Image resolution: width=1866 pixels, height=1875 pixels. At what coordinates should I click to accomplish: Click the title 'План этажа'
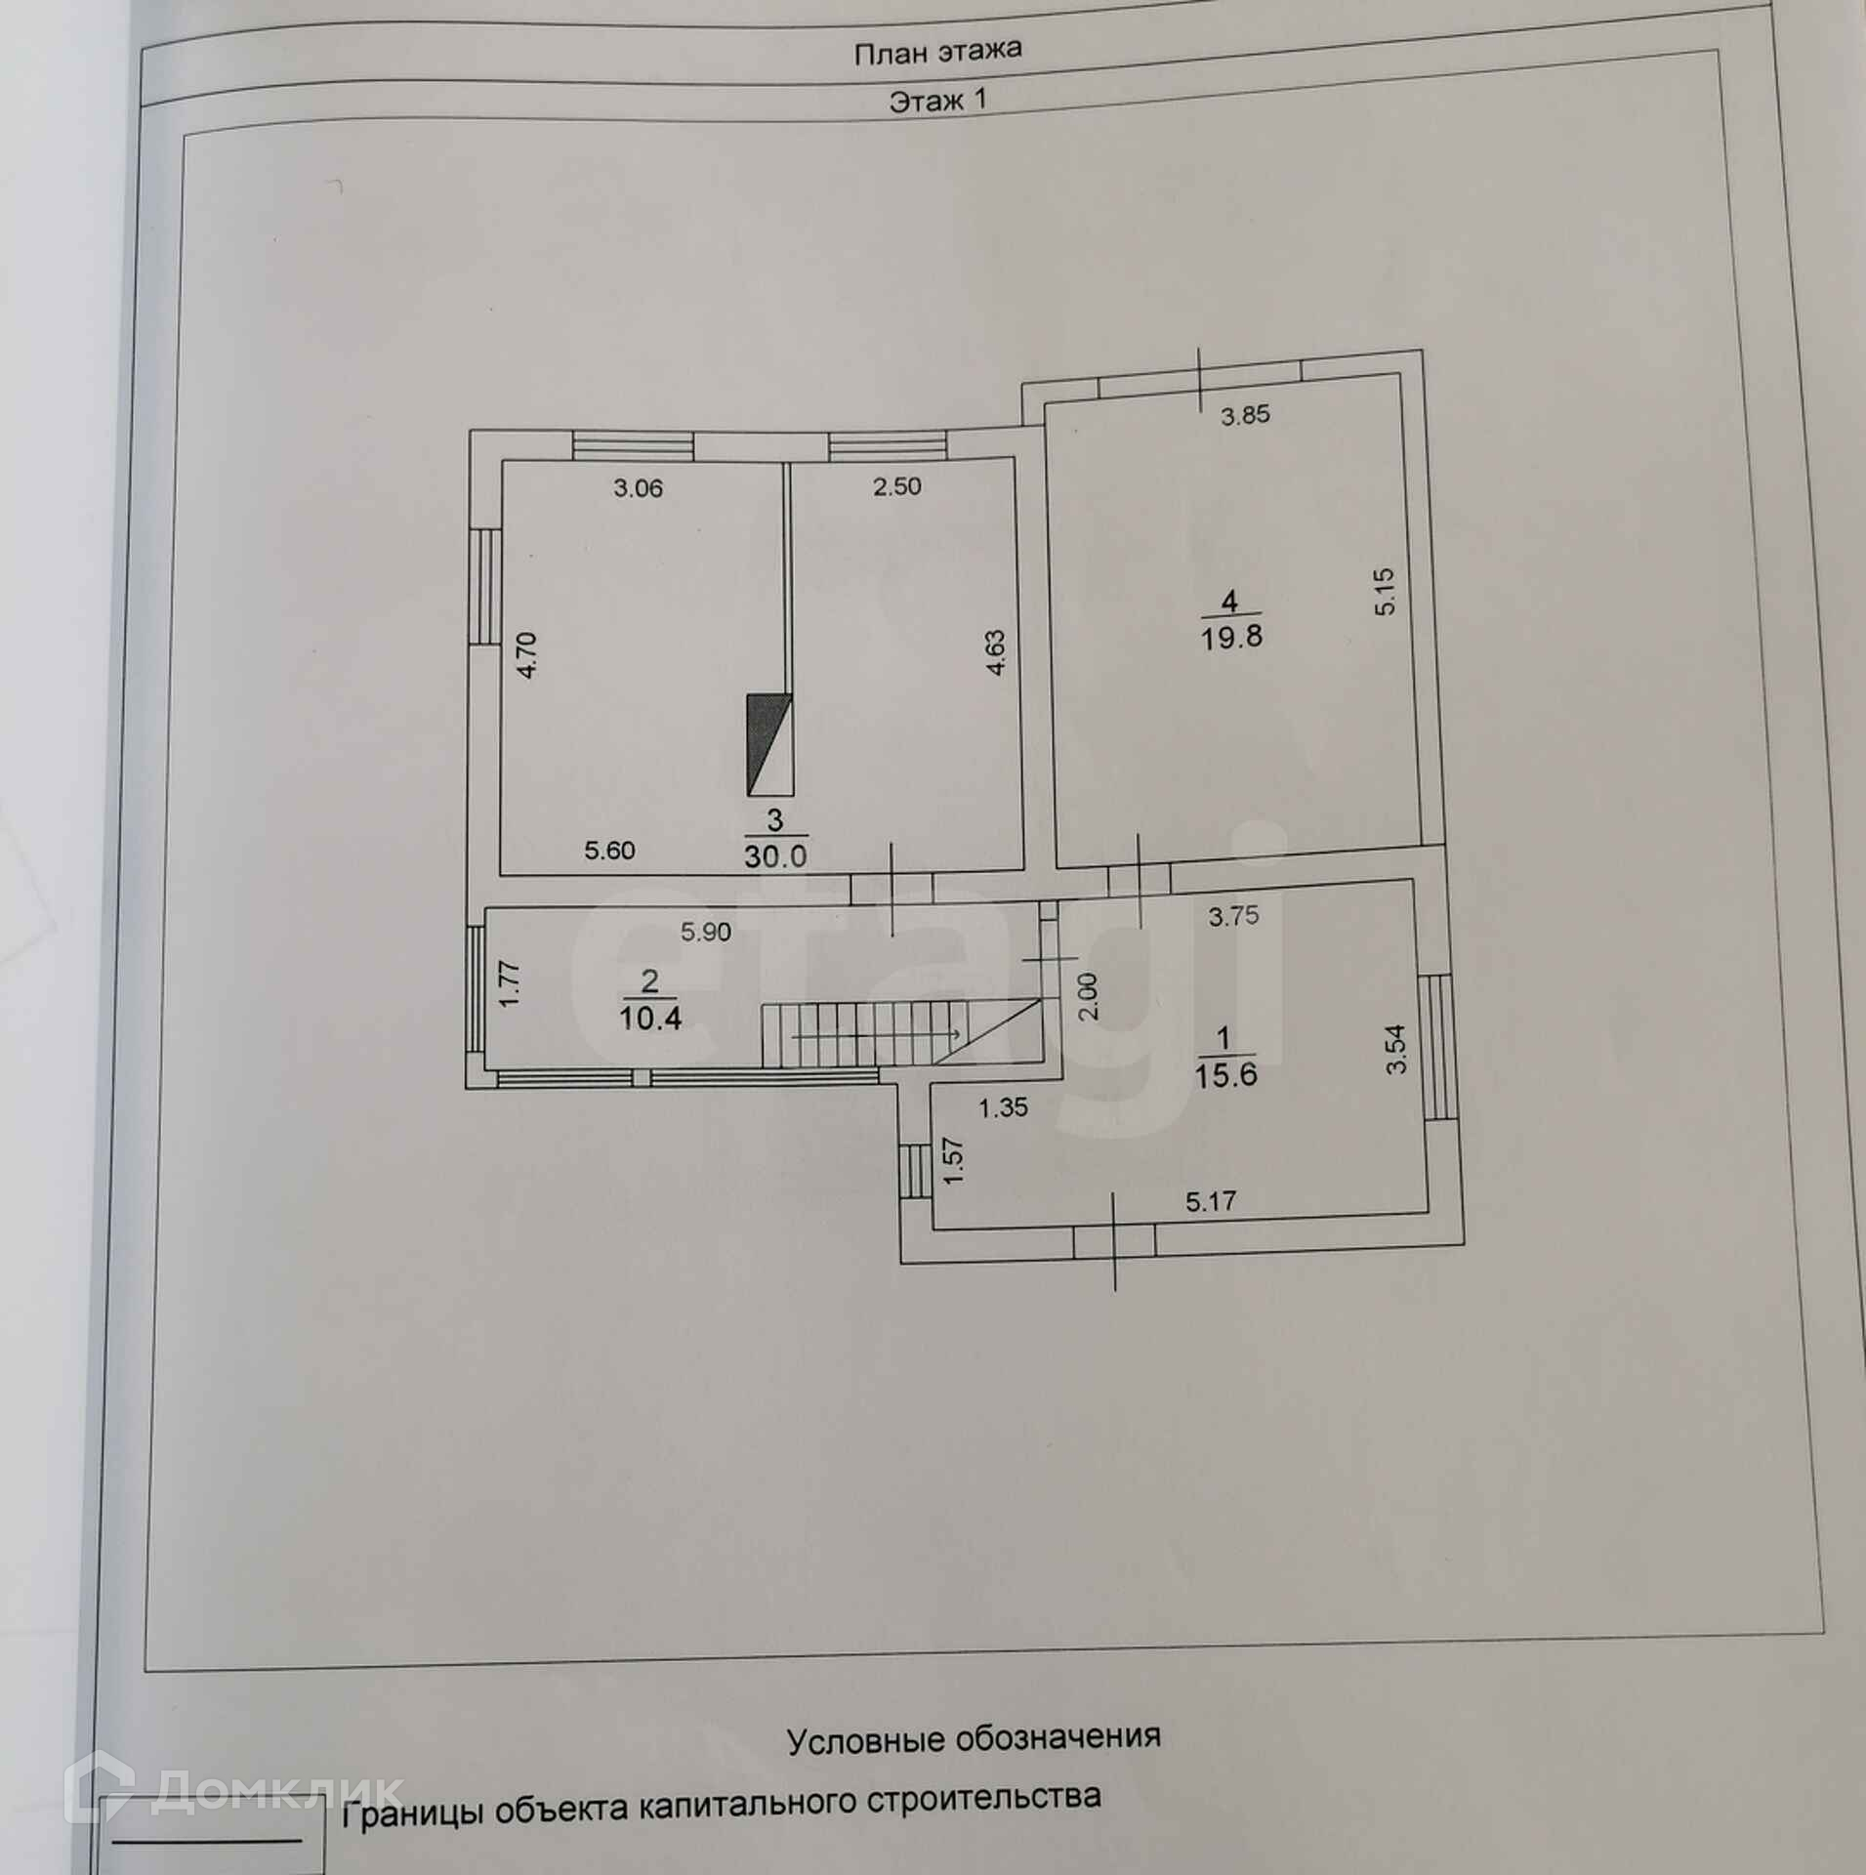coord(937,52)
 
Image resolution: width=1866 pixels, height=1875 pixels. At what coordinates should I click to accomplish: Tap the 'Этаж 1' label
coord(938,101)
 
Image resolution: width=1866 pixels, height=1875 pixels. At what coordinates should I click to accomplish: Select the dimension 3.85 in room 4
coord(1246,415)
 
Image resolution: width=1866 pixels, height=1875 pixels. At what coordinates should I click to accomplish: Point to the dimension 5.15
coord(1388,591)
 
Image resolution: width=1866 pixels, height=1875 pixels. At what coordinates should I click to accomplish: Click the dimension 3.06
coord(638,488)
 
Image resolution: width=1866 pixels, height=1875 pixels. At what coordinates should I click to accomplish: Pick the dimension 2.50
coord(896,486)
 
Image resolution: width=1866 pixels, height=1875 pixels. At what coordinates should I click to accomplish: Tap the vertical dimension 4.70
coord(526,656)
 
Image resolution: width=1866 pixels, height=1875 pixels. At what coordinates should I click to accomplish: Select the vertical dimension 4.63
coord(995,652)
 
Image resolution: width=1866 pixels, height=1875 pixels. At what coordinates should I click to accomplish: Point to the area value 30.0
coord(775,857)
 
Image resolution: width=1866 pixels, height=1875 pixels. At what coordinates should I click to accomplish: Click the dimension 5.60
coord(609,851)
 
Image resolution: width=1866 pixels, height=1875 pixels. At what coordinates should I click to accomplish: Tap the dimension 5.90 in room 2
coord(706,933)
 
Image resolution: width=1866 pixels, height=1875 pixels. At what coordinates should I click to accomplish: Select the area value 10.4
coord(649,1019)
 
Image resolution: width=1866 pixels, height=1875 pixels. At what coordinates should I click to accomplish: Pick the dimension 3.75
coord(1233,916)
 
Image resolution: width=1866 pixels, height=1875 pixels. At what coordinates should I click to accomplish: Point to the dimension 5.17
coord(1211,1201)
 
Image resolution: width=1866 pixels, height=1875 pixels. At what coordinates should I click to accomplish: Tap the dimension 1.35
coord(1004,1106)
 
